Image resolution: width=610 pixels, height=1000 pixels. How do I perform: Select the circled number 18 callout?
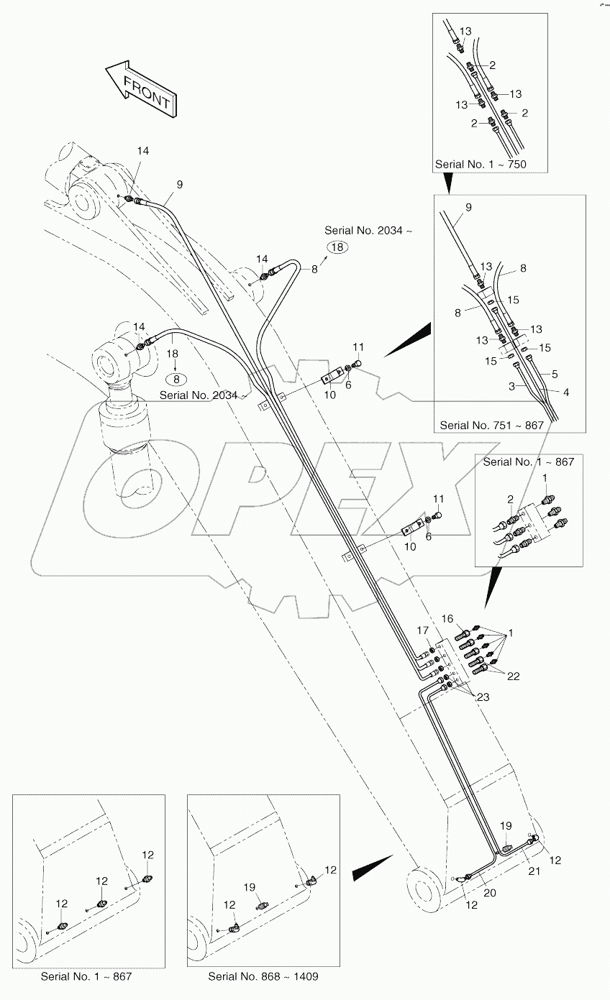pos(338,247)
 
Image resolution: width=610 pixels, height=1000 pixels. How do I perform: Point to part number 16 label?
pos(447,619)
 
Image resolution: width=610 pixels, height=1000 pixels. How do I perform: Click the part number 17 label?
pos(424,630)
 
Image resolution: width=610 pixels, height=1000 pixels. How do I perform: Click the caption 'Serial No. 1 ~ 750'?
pos(481,164)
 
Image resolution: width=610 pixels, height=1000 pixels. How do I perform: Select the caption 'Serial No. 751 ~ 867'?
pos(491,425)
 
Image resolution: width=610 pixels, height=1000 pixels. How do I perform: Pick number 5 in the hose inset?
pos(555,374)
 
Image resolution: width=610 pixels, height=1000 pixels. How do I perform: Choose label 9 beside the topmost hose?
pos(180,185)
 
